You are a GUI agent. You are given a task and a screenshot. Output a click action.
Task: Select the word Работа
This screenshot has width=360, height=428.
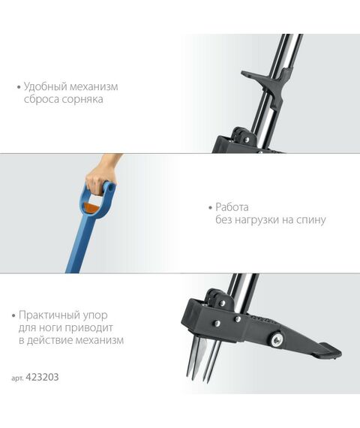[233, 206]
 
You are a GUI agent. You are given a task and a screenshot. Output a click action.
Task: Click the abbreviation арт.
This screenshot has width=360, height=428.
[20, 378]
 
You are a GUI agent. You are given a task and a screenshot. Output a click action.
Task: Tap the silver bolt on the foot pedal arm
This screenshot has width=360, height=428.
[277, 340]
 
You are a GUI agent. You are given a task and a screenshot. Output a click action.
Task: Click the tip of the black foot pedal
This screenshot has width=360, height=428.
[329, 351]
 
